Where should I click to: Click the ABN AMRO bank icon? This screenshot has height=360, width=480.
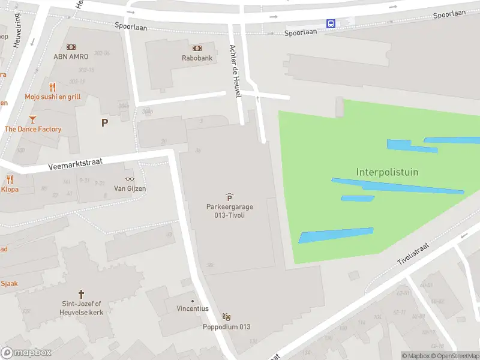click(71, 47)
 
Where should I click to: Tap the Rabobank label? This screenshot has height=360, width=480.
click(197, 58)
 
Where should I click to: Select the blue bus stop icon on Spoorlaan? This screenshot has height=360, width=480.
click(331, 23)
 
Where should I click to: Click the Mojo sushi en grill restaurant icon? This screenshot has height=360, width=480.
click(53, 87)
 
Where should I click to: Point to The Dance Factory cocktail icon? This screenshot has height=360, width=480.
click(32, 119)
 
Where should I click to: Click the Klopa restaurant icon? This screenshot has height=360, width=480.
click(10, 179)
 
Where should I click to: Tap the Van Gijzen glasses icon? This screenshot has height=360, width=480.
click(130, 179)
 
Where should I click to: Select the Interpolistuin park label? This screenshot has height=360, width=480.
click(387, 172)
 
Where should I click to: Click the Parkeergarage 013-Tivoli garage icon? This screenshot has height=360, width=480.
click(229, 197)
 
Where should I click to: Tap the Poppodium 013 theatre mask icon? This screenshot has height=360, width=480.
click(226, 317)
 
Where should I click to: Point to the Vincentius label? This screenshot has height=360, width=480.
click(193, 308)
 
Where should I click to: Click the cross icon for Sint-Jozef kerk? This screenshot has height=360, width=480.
click(81, 295)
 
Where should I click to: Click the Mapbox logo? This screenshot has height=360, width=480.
click(26, 353)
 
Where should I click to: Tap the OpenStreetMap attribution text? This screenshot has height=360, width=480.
click(457, 356)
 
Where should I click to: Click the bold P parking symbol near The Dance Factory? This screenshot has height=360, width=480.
click(105, 122)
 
